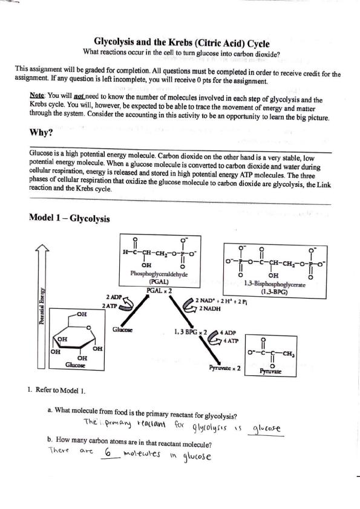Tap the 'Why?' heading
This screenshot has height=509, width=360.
pyautogui.click(x=41, y=132)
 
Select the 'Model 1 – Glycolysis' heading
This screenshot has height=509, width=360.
pyautogui.click(x=69, y=218)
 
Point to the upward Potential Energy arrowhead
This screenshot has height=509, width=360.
pyautogui.click(x=42, y=248)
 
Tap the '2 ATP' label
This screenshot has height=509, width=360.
pyautogui.click(x=109, y=305)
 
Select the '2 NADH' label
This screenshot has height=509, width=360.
pyautogui.click(x=210, y=309)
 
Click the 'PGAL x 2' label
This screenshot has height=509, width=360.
pyautogui.click(x=159, y=290)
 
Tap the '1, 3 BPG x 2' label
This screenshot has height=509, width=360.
pyautogui.click(x=191, y=332)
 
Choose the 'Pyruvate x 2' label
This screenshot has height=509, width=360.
pyautogui.click(x=225, y=368)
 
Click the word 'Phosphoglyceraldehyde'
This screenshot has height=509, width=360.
pyautogui.click(x=159, y=274)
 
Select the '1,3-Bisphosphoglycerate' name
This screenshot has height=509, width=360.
pyautogui.click(x=275, y=284)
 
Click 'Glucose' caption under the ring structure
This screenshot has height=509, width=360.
pyautogui.click(x=76, y=365)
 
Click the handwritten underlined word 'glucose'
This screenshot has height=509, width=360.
pyautogui.click(x=266, y=429)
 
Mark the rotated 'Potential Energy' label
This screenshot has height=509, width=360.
pyautogui.click(x=42, y=306)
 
